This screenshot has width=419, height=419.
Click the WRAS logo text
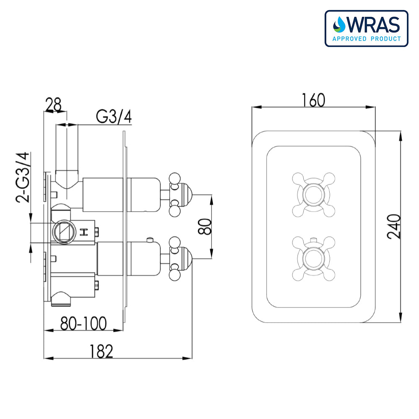pyautogui.click(x=372, y=26)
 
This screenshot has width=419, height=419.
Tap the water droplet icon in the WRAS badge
pyautogui.click(x=338, y=25)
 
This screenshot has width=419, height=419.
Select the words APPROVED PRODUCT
pyautogui.click(x=366, y=39)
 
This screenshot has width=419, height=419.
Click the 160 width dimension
pyautogui.click(x=313, y=100)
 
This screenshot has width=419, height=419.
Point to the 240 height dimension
pyautogui.click(x=394, y=226)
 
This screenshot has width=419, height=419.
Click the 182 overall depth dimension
pyautogui.click(x=101, y=351)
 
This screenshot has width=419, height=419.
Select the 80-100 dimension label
pyautogui.click(x=83, y=323)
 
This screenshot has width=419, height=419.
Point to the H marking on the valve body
pyautogui.click(x=83, y=232)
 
